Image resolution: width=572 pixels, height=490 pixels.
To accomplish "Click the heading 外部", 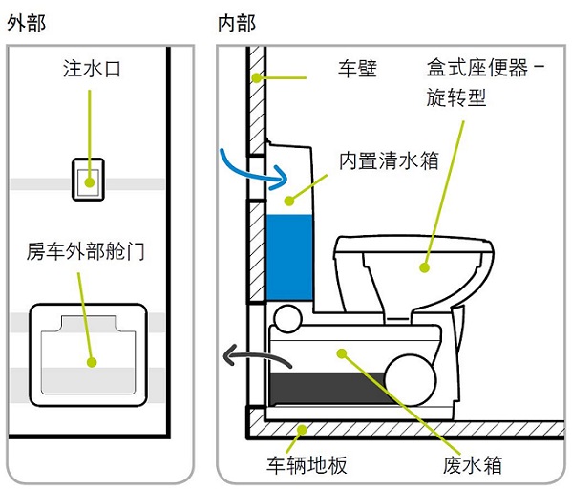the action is coord(27,23).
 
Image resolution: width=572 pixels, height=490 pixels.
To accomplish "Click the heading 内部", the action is coord(237,23).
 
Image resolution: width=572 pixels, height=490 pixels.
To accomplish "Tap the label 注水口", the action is coord(92,69).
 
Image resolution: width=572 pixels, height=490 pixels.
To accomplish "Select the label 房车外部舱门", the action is coord(85,251).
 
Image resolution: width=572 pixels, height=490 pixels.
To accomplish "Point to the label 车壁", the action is coord(357,68).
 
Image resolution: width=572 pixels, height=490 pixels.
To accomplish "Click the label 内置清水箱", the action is coord(389,160).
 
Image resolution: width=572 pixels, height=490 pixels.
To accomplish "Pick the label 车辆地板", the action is coord(307,465).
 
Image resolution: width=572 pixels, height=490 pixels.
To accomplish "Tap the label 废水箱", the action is coord(473,465).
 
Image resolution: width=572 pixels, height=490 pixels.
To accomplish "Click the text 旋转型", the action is coord(456,97).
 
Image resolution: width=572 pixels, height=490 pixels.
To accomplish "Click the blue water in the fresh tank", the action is coord(289,257).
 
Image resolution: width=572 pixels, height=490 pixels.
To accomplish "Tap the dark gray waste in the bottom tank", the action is coord(328,389).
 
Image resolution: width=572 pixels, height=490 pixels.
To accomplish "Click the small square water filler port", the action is coord(88,180).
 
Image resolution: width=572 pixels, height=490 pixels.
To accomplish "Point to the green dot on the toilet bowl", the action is coord(424,267).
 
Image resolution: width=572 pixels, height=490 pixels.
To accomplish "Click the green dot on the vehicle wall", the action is coord(257,77).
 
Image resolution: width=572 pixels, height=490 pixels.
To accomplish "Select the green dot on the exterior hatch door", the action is coord(92,362).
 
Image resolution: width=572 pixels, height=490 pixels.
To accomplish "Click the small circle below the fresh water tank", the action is coord(287,318).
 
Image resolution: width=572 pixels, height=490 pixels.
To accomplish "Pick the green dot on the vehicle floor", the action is coord(302,430).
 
